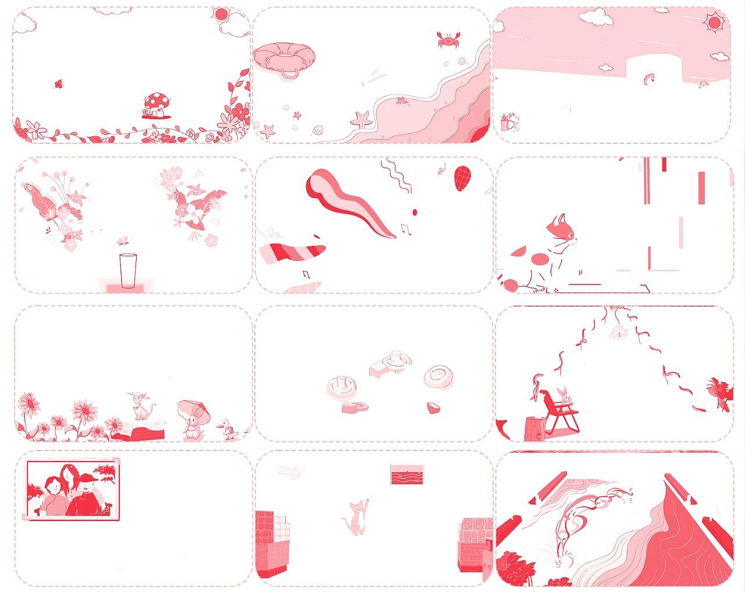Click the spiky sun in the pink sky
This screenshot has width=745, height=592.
coord(712,23)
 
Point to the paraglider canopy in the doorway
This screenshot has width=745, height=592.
coord(648,77)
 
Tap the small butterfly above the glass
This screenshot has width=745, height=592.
coord(122,239)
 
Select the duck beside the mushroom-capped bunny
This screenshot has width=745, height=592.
coord(228,431)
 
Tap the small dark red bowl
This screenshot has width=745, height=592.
coord(432,406)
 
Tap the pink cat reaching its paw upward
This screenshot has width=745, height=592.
coord(356,516)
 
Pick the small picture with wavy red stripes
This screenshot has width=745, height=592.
coord(407,474)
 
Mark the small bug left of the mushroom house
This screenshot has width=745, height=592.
coord(59,84)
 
